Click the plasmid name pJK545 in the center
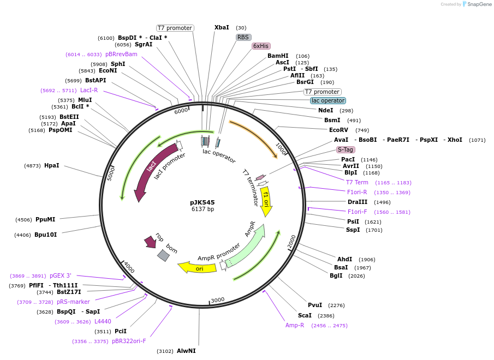click(x=203, y=202)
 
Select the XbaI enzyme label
click(x=222, y=27)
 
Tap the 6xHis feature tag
click(x=261, y=46)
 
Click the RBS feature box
click(x=243, y=37)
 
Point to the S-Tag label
click(x=346, y=149)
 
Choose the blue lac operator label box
click(x=328, y=100)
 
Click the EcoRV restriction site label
click(x=338, y=130)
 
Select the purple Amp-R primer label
click(x=295, y=325)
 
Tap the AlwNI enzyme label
click(x=186, y=351)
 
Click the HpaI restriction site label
click(x=52, y=165)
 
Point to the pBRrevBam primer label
click(x=121, y=54)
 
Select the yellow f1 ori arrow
click(x=266, y=201)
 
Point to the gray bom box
click(x=163, y=255)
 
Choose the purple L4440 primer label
click(x=102, y=321)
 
